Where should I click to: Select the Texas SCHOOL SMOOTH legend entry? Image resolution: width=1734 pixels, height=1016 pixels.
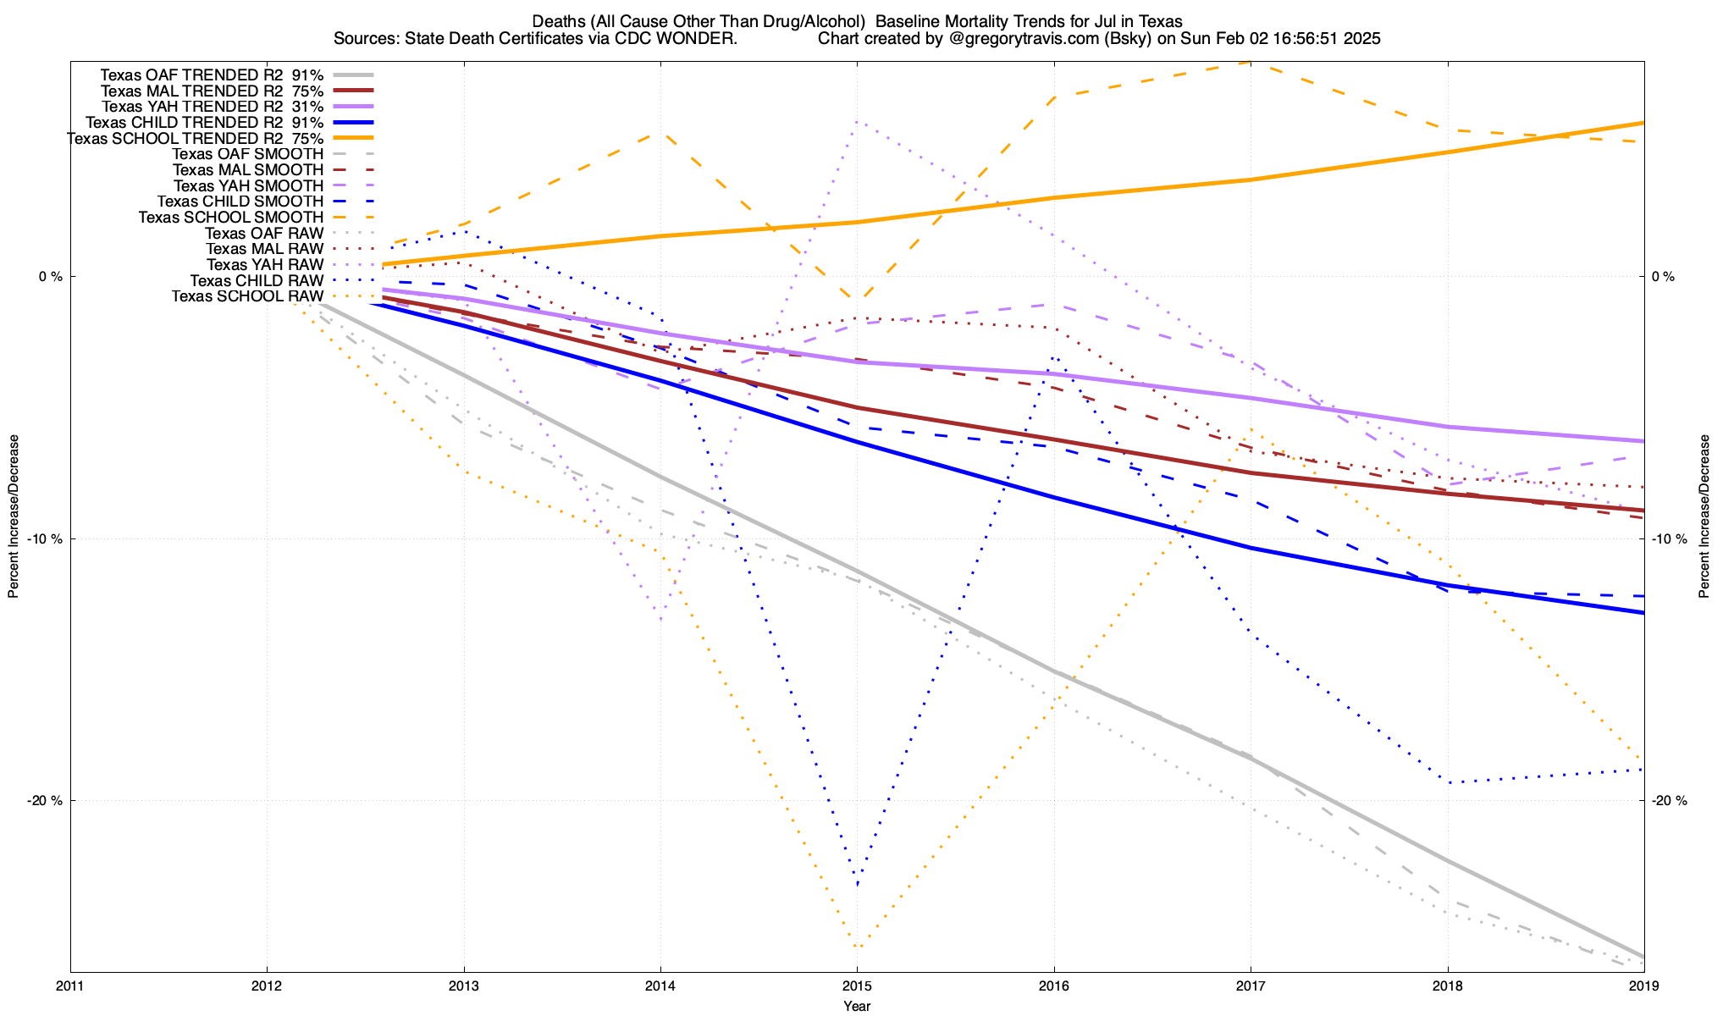point(230,218)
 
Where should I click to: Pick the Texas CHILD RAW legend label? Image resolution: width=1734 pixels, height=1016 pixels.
point(256,280)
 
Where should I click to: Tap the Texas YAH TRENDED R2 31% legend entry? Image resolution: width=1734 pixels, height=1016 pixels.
point(212,107)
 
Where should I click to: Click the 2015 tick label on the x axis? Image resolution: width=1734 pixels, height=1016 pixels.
point(857,986)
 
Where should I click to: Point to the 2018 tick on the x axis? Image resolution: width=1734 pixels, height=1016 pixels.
point(1447,986)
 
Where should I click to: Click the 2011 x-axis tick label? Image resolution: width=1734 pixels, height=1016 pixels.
point(70,986)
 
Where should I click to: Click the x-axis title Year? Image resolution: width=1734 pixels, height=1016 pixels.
point(857,1006)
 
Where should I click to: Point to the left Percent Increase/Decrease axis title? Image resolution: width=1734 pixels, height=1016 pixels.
point(14,516)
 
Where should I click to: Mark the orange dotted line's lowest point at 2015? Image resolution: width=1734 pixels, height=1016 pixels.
point(857,947)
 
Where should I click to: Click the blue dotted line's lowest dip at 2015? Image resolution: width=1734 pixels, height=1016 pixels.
point(857,884)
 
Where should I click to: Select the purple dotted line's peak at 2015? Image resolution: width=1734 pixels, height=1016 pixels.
point(857,121)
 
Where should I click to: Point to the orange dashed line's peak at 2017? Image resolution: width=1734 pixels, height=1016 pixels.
point(1251,62)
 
